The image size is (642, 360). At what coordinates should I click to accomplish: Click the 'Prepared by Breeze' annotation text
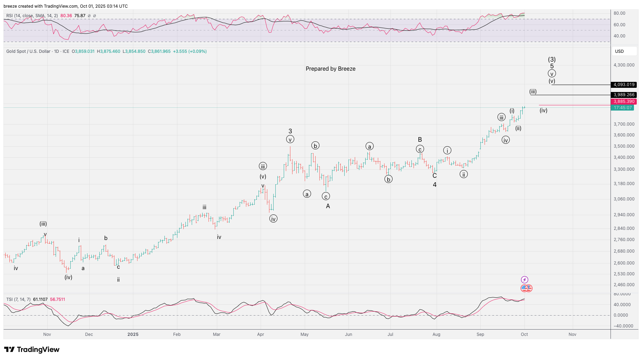[330, 69]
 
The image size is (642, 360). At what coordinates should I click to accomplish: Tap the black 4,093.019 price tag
[623, 85]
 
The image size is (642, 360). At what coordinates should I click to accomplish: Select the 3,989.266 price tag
[623, 95]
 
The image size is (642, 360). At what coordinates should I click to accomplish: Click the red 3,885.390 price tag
[623, 101]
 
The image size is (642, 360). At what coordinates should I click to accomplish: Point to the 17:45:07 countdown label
[622, 108]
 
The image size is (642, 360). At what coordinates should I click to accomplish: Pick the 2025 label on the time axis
[133, 334]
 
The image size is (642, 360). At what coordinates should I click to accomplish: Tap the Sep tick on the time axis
[480, 334]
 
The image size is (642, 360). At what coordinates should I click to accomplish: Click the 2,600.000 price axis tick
[624, 263]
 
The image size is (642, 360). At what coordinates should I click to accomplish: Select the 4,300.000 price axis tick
[624, 65]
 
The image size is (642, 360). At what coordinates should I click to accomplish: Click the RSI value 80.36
[66, 16]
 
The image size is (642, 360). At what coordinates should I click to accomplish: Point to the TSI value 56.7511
[57, 299]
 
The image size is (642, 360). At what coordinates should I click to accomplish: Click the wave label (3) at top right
[552, 59]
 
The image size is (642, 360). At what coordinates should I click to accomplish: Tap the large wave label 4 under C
[435, 185]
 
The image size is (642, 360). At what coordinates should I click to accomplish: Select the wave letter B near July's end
[420, 140]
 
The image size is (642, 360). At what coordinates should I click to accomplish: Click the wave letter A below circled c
[328, 206]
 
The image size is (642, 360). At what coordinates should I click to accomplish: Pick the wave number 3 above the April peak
[290, 131]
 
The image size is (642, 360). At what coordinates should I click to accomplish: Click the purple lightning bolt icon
[524, 280]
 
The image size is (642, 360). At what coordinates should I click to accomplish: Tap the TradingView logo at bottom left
[31, 350]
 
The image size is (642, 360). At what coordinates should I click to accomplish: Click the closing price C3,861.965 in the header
[159, 51]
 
